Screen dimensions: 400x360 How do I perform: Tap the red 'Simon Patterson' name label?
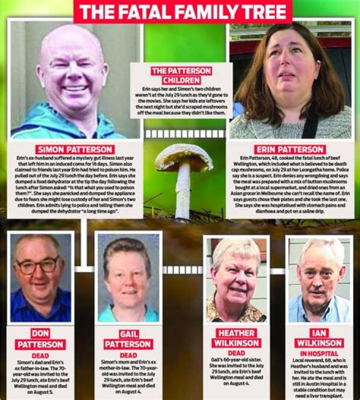tap(75, 149)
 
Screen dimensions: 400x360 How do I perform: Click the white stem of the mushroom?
tap(183, 193)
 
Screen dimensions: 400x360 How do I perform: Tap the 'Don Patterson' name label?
tap(40, 339)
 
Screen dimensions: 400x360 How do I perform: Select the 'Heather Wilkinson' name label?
tap(236, 337)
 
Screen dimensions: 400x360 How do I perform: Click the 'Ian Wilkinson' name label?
tap(318, 337)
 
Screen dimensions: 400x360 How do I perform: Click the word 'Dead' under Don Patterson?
tap(40, 355)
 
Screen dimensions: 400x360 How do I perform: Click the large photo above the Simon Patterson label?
tap(75, 80)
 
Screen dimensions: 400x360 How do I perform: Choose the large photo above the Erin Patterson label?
tap(290, 80)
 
